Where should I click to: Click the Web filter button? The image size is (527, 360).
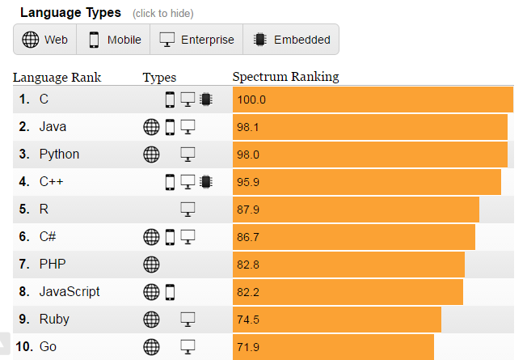coord(45,40)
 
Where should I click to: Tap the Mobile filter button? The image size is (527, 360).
coord(115,40)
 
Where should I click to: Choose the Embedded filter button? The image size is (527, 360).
coord(292,40)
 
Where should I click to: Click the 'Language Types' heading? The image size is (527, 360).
coord(70,13)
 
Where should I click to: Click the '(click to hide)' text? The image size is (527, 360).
coord(162,14)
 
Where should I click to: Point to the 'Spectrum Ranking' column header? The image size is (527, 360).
coord(285,77)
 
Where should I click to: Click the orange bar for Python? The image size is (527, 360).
coord(369,155)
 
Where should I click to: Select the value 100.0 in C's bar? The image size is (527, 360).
coord(251,100)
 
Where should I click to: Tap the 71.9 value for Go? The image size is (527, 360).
coord(248,347)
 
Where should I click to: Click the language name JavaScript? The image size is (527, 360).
coord(70,291)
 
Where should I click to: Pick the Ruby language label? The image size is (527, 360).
coord(54,319)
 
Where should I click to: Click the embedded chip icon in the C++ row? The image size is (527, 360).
coord(206,182)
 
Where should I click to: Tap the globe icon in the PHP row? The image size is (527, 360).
coord(151,264)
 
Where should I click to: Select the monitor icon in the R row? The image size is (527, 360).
coord(188,210)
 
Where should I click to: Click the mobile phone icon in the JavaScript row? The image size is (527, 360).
coord(170,291)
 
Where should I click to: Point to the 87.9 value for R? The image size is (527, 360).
coord(248,210)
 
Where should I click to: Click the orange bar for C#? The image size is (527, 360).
coord(353,237)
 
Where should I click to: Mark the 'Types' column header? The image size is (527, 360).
coord(159,77)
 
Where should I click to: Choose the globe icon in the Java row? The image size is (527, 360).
coord(151,127)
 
